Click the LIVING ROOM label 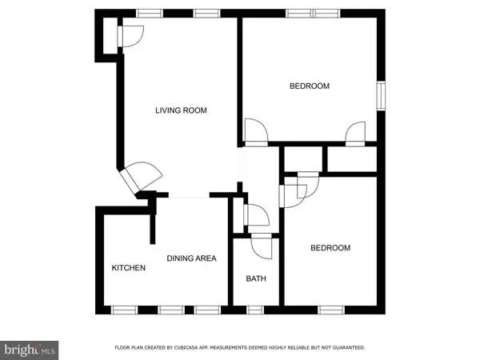(181, 110)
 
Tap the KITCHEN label (128, 268)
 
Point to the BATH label (255, 279)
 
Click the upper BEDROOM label (309, 86)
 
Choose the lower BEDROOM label (330, 248)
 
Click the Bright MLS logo (30, 350)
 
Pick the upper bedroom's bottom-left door (257, 131)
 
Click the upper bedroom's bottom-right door (355, 132)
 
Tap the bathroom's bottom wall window (255, 309)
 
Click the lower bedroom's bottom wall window (330, 309)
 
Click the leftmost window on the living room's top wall (146, 13)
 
